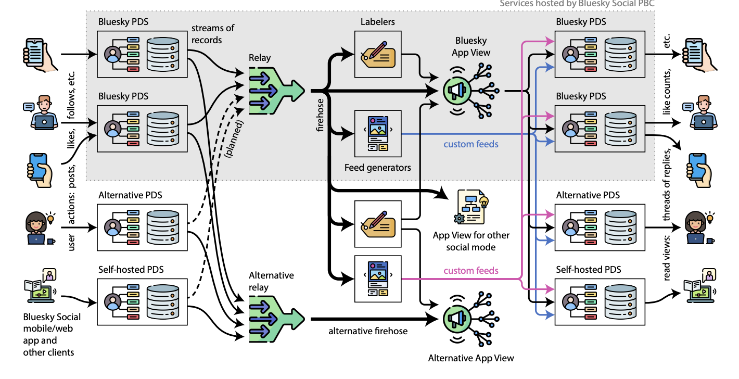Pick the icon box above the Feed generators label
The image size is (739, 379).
click(377, 133)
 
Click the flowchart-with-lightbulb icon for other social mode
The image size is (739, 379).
click(472, 207)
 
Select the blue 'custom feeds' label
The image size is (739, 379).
click(471, 144)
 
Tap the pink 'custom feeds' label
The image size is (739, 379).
click(471, 270)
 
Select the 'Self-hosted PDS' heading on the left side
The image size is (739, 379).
click(131, 269)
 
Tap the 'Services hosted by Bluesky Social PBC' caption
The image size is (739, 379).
click(577, 4)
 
